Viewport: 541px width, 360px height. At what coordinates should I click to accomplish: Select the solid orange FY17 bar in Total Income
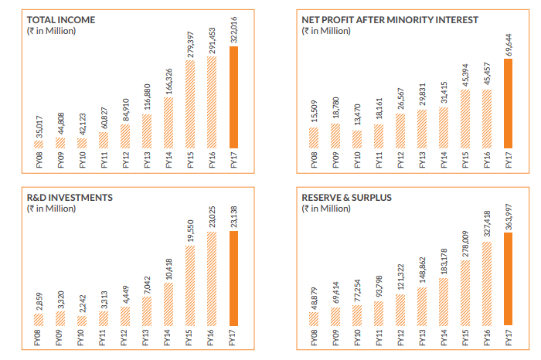point(234,97)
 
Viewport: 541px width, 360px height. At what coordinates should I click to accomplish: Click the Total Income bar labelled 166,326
point(168,122)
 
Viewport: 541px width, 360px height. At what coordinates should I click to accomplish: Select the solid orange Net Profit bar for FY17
point(508,103)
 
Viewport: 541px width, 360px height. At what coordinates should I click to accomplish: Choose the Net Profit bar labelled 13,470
point(356,139)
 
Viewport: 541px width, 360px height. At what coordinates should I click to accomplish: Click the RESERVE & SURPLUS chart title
point(346,198)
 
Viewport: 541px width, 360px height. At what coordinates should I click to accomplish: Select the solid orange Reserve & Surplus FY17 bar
point(508,278)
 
